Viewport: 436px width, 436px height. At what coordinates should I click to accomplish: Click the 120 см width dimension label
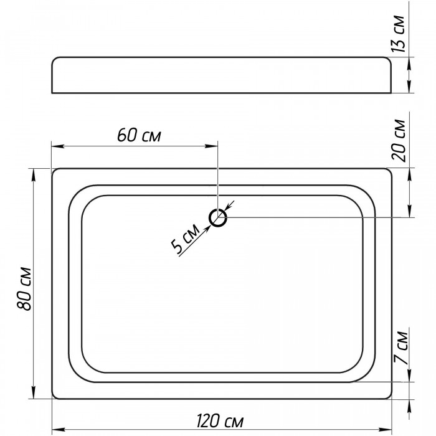(x=220, y=420)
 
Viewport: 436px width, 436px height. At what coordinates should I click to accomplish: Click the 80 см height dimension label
(x=24, y=288)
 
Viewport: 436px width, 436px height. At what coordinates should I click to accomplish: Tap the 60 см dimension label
(x=139, y=135)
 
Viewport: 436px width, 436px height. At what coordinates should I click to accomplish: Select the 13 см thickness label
(x=397, y=34)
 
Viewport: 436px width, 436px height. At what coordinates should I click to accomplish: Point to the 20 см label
(x=399, y=140)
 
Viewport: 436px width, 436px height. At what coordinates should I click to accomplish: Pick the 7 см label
(x=400, y=348)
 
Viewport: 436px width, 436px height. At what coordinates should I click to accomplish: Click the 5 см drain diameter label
(x=185, y=239)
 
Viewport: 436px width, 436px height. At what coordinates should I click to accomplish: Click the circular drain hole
(x=218, y=218)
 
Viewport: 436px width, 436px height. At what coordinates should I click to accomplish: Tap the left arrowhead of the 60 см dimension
(x=58, y=146)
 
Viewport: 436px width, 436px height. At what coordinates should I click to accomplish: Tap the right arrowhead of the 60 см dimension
(x=211, y=146)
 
